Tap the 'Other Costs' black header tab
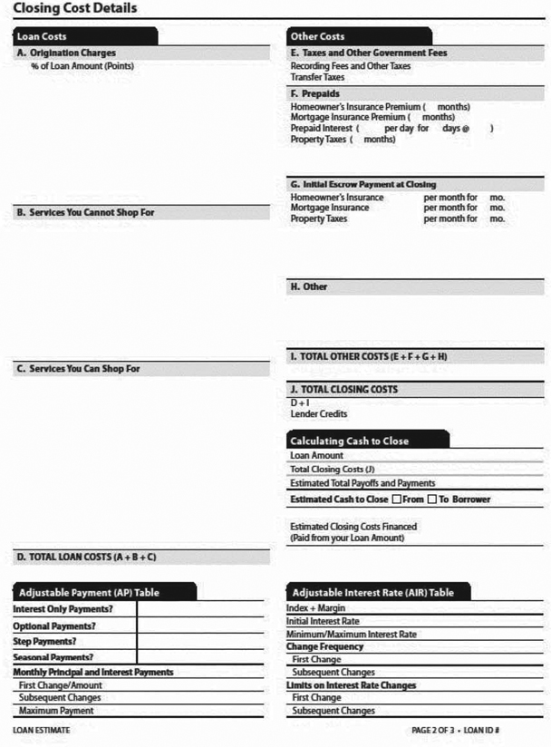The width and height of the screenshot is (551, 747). (x=317, y=37)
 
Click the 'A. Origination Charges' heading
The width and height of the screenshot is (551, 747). (x=66, y=53)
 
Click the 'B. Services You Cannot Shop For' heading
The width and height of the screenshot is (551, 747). (x=92, y=212)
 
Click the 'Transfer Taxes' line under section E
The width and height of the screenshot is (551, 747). (x=317, y=77)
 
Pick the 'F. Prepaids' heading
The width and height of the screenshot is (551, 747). (x=315, y=93)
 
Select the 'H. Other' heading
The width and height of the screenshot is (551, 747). (x=309, y=286)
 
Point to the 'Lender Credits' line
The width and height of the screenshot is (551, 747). (x=318, y=413)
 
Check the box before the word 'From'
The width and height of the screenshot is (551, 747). (x=396, y=500)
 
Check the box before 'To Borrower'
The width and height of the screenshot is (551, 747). (x=432, y=500)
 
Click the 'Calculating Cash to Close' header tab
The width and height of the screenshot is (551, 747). (x=349, y=441)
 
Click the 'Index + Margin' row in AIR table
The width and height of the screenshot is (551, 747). (x=316, y=608)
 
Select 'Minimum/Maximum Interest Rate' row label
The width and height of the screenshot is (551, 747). (x=352, y=634)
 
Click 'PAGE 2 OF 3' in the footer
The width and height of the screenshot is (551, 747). (x=437, y=730)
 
